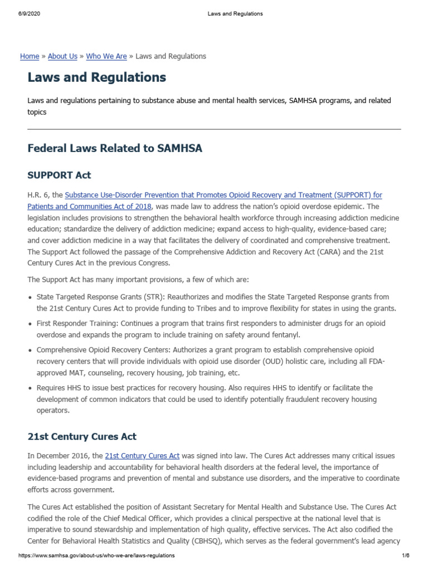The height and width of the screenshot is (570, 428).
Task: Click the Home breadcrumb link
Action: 30,56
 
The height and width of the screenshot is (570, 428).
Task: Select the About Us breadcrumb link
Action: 62,56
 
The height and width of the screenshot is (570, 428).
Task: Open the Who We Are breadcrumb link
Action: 106,56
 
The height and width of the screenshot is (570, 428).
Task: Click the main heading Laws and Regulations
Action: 97,77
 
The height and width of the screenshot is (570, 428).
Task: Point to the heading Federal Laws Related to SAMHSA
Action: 115,149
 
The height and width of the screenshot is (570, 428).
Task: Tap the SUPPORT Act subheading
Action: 59,175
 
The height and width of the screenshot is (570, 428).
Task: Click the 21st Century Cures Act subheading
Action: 82,436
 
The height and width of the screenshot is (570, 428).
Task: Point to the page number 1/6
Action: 405,556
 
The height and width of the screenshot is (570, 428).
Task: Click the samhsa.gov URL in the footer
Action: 96,556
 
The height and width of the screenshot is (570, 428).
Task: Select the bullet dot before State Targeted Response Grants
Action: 30,298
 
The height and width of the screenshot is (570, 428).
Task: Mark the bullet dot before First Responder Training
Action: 30,324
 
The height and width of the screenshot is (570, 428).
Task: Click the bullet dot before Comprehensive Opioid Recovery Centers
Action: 30,351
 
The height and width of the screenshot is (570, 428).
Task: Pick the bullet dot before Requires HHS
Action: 30,388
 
